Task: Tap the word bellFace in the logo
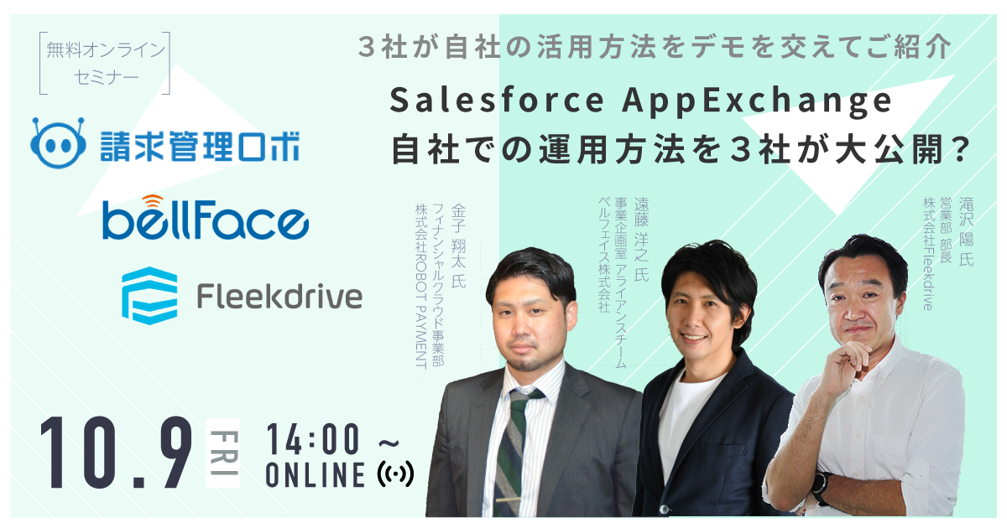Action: [206, 220]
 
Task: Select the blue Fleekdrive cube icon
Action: [149, 295]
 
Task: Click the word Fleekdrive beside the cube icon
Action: [279, 296]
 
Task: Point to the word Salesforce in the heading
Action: [497, 100]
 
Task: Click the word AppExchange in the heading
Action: [757, 102]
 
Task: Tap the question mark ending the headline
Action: [960, 149]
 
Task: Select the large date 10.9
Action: [116, 453]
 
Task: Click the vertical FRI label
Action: [223, 453]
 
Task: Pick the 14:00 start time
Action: [313, 440]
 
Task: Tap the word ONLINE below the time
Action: [316, 475]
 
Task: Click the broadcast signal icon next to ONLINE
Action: [395, 474]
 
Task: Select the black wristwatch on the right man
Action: [822, 488]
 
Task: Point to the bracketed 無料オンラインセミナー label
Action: [105, 64]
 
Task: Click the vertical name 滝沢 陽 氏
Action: [966, 231]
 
